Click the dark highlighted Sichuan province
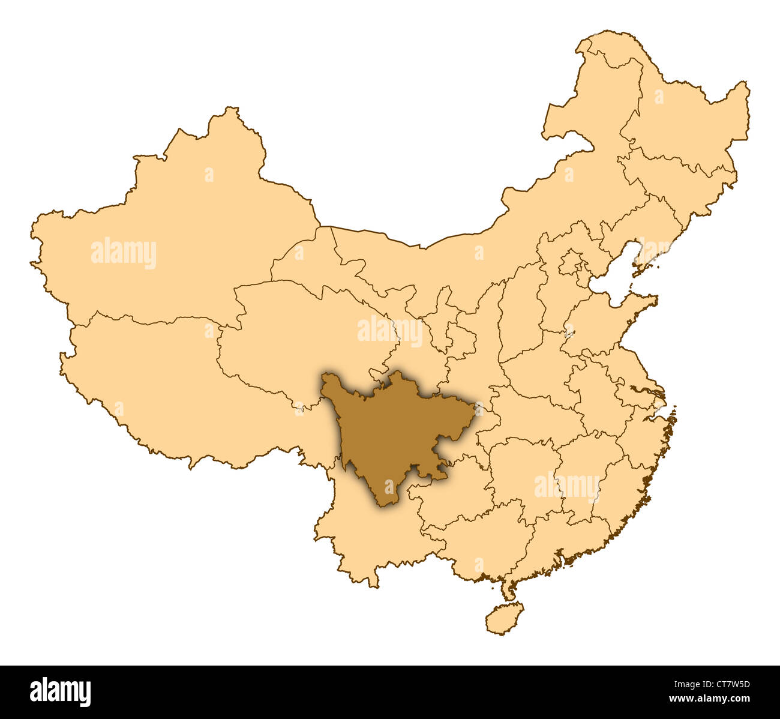[x=390, y=432]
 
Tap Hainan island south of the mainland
[x=504, y=618]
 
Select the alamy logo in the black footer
[x=60, y=691]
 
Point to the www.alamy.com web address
[x=708, y=700]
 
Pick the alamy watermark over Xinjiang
[x=124, y=253]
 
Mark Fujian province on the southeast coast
[x=618, y=486]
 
